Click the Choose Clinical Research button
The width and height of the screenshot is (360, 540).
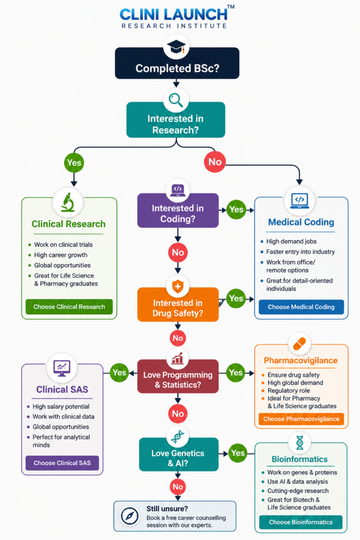pyautogui.click(x=69, y=306)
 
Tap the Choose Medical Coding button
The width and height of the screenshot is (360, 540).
pyautogui.click(x=301, y=307)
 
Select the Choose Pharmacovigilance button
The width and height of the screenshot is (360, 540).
pyautogui.click(x=301, y=419)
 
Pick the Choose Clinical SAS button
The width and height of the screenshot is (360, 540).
pyautogui.click(x=62, y=463)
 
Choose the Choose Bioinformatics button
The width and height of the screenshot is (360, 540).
pyautogui.click(x=301, y=522)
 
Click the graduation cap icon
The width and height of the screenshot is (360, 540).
pyautogui.click(x=176, y=46)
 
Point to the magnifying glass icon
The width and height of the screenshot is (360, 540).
pyautogui.click(x=176, y=100)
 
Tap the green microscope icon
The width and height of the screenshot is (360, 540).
pyautogui.click(x=68, y=202)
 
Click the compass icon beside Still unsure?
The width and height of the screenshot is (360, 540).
pyautogui.click(x=130, y=516)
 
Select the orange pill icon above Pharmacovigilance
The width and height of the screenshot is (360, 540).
pyautogui.click(x=299, y=344)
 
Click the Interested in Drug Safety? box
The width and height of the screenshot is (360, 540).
pyautogui.click(x=178, y=304)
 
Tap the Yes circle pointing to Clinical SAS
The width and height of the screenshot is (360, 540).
pyautogui.click(x=120, y=373)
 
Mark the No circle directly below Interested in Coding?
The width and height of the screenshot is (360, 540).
pyautogui.click(x=178, y=253)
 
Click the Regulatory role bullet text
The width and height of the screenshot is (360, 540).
pyautogui.click(x=288, y=391)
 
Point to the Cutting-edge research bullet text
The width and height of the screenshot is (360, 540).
pyautogui.click(x=298, y=491)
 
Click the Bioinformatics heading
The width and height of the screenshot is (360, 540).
pyautogui.click(x=299, y=459)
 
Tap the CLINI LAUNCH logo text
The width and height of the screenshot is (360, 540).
pyautogui.click(x=174, y=14)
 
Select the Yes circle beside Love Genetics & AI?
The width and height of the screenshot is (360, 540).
pyautogui.click(x=238, y=453)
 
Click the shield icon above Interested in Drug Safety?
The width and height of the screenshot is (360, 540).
pyautogui.click(x=178, y=286)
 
